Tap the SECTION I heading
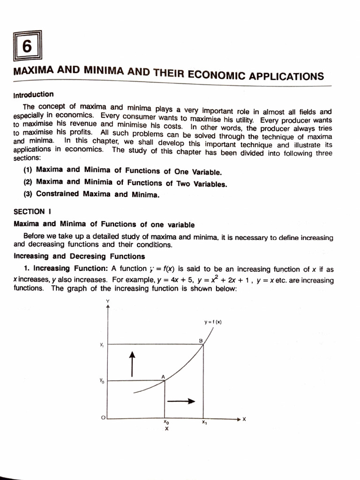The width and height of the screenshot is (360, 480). pyautogui.click(x=29, y=211)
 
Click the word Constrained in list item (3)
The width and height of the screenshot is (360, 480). pyautogui.click(x=57, y=194)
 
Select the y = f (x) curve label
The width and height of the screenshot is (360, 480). pyautogui.click(x=213, y=322)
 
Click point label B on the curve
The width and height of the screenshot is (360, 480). pyautogui.click(x=201, y=340)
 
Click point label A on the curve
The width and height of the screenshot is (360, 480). pyautogui.click(x=163, y=377)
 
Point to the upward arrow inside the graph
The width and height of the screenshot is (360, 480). pyautogui.click(x=133, y=364)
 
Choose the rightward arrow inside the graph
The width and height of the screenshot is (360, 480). pyautogui.click(x=180, y=401)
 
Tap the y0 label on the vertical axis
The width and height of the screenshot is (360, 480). pyautogui.click(x=101, y=381)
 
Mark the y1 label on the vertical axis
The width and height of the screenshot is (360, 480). pyautogui.click(x=101, y=345)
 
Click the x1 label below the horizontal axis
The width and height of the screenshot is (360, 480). pyautogui.click(x=204, y=422)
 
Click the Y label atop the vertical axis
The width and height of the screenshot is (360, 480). pyautogui.click(x=108, y=300)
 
